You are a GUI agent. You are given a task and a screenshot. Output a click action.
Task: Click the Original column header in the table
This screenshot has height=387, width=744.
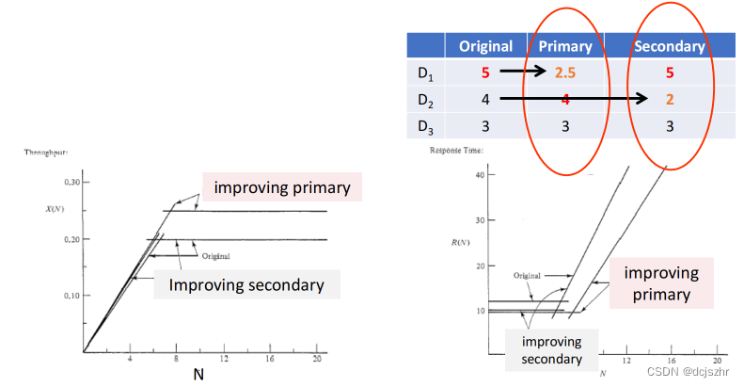tap(485, 46)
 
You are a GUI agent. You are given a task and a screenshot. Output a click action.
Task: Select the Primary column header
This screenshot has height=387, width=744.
tap(564, 46)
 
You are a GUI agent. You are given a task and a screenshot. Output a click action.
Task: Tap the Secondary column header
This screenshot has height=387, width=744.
tap(669, 46)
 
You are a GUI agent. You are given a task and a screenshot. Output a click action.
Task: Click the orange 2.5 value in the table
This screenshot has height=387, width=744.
tap(565, 71)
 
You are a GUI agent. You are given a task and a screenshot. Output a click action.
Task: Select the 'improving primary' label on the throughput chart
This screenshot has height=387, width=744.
tap(281, 188)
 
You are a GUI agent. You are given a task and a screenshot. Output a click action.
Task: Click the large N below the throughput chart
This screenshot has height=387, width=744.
tap(198, 376)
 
